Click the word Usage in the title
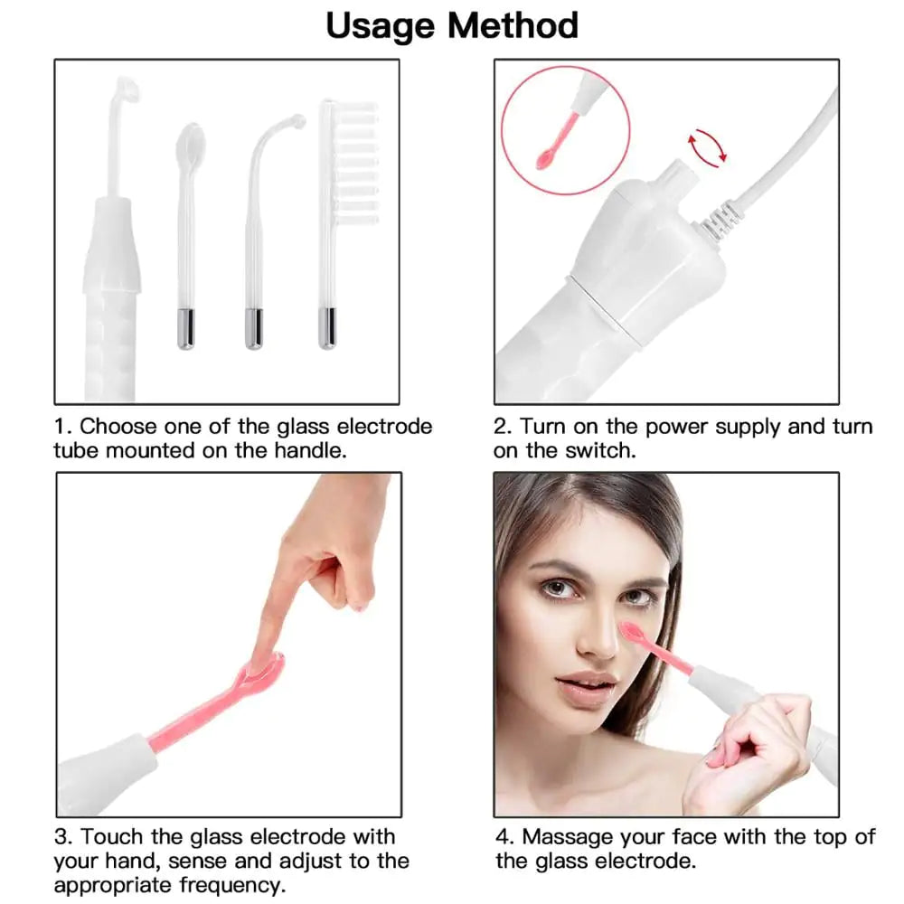pyautogui.click(x=381, y=27)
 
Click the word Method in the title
pyautogui.click(x=513, y=25)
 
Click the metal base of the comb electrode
pyautogui.click(x=326, y=328)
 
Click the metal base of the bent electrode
pyautogui.click(x=254, y=328)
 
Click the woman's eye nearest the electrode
pyautogui.click(x=638, y=597)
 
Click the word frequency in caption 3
pyautogui.click(x=231, y=885)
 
